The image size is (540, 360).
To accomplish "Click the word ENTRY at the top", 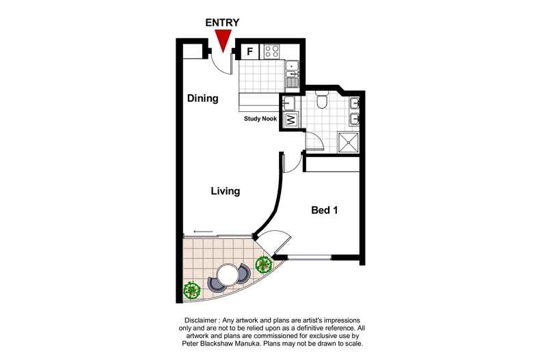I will point(224,22).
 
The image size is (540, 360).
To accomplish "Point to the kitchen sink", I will point(292,70).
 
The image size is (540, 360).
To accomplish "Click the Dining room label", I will point(202,98).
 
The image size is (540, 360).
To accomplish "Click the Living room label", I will point(225,191).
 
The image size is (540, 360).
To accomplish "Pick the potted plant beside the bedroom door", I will point(262,263).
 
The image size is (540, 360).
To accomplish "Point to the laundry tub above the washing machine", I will point(288,103).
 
